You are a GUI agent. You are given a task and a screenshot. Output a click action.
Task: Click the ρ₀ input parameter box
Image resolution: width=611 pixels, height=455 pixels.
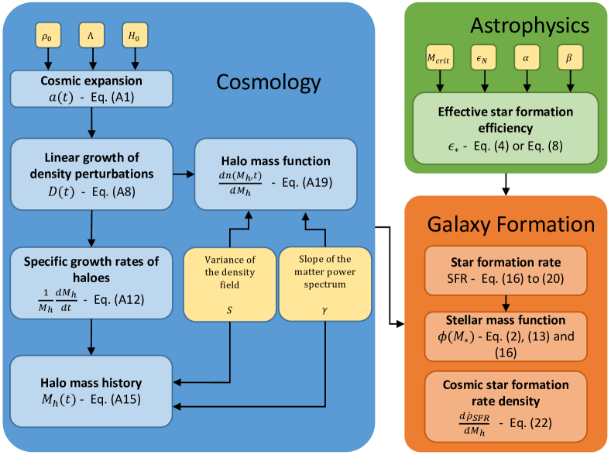pos(48,36)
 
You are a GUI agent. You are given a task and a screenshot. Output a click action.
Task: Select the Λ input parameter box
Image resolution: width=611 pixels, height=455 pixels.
pos(91,36)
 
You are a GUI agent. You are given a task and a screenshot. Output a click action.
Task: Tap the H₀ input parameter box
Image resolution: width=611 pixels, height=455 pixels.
pos(136,36)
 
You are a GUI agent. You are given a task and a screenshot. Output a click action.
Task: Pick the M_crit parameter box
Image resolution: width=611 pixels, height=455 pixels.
pos(440,57)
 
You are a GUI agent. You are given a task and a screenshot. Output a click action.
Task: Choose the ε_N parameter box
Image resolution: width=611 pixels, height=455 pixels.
pos(483,57)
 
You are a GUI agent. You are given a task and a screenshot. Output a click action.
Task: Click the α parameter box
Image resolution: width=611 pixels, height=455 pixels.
pos(527,57)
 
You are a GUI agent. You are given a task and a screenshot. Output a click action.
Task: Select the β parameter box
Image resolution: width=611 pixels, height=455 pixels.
pos(570,57)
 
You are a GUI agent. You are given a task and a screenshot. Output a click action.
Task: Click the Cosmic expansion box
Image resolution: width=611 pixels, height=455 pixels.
pos(91,89)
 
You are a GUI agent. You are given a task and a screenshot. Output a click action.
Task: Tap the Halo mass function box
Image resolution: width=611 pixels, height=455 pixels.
pos(276,174)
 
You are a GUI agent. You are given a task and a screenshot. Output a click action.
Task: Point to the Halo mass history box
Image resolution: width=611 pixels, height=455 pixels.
pos(91,391)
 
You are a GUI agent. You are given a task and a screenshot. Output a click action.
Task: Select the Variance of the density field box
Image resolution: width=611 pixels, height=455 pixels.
pos(229,284)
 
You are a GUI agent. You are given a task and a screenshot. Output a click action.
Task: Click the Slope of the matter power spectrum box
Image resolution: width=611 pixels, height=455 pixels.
pos(325,284)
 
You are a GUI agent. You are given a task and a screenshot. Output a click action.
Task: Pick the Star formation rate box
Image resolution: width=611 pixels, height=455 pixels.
pos(506,271)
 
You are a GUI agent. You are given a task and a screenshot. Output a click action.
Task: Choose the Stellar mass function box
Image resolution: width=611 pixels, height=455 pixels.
pos(506,336)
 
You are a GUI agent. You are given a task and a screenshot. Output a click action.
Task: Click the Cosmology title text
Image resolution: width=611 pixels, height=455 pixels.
pos(269,82)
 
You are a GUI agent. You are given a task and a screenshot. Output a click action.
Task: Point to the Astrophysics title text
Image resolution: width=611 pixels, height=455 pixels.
pos(530,26)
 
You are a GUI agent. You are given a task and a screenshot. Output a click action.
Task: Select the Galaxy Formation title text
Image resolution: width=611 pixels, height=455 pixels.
pos(511,225)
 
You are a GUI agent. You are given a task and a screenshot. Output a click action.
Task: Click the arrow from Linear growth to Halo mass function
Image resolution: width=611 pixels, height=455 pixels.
pos(184,174)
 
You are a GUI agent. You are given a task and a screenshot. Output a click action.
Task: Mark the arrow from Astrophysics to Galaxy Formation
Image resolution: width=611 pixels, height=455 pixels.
pos(506,184)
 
